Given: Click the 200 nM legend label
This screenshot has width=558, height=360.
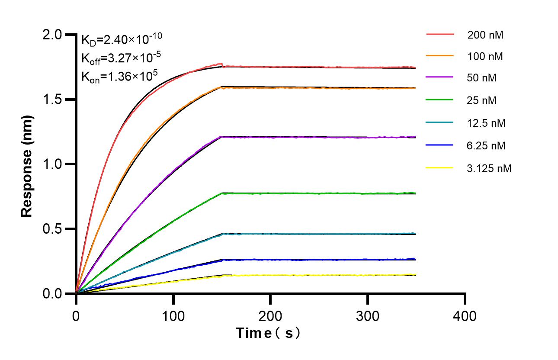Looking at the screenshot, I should pos(485,35).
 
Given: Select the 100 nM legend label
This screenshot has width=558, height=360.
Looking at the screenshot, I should pos(485,57).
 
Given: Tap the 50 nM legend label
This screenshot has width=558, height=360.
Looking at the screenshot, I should pos(482,78).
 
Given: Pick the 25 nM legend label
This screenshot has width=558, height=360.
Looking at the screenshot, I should pos(482,101).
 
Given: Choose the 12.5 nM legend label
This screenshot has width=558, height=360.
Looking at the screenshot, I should pos(486,123).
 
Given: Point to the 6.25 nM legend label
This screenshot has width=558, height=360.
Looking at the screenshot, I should pos(486,146).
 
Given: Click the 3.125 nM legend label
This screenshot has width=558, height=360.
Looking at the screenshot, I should pos(489,168).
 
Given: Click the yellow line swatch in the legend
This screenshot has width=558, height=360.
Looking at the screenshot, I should pos(440,167).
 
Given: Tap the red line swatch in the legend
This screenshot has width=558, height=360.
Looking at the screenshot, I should pos(440,33).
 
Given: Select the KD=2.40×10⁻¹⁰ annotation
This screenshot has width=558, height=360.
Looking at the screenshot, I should pos(122,39).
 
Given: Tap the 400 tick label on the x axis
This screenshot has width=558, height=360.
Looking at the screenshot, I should pos(465,316).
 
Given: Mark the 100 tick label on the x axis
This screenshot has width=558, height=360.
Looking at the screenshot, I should pos(173,316).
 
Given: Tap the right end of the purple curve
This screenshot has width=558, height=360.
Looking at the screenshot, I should pos(414,137).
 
